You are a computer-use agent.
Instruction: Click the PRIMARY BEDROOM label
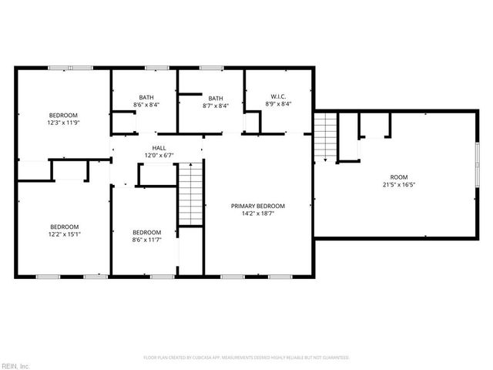point(258,206)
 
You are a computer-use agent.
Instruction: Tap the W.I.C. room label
point(279,96)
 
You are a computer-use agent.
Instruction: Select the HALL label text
point(159,148)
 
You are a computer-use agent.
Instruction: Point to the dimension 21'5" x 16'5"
point(399,184)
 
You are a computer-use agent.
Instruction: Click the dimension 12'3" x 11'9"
point(65,121)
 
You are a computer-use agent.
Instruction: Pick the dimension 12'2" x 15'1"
point(65,234)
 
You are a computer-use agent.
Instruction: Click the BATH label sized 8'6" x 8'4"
point(146,96)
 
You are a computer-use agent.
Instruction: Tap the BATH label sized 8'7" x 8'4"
point(216,98)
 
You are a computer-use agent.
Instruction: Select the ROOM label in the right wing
point(399,177)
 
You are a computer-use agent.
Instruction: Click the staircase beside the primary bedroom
point(189,194)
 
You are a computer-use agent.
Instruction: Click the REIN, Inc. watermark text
point(16,365)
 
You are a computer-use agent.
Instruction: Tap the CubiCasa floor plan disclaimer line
point(246,358)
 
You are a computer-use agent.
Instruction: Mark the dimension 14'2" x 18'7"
point(258,214)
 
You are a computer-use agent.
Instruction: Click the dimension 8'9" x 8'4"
point(279,103)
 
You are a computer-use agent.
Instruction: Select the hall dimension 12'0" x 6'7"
point(159,155)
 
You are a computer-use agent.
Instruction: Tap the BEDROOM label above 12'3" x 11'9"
point(65,114)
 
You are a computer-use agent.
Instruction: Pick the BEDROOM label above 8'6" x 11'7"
point(146,233)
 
